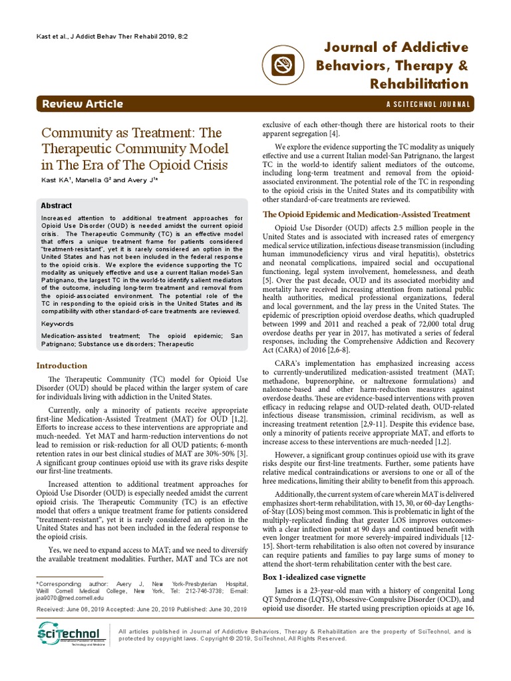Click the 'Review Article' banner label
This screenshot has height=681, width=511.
[82, 104]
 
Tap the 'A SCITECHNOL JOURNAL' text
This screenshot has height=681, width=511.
[428, 104]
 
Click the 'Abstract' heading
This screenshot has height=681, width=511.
[57, 206]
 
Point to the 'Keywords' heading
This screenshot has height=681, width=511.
[57, 323]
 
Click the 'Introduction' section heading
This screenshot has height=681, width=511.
[61, 365]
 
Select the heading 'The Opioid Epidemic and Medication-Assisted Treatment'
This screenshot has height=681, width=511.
[367, 214]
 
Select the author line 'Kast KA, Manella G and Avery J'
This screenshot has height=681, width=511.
[100, 180]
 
